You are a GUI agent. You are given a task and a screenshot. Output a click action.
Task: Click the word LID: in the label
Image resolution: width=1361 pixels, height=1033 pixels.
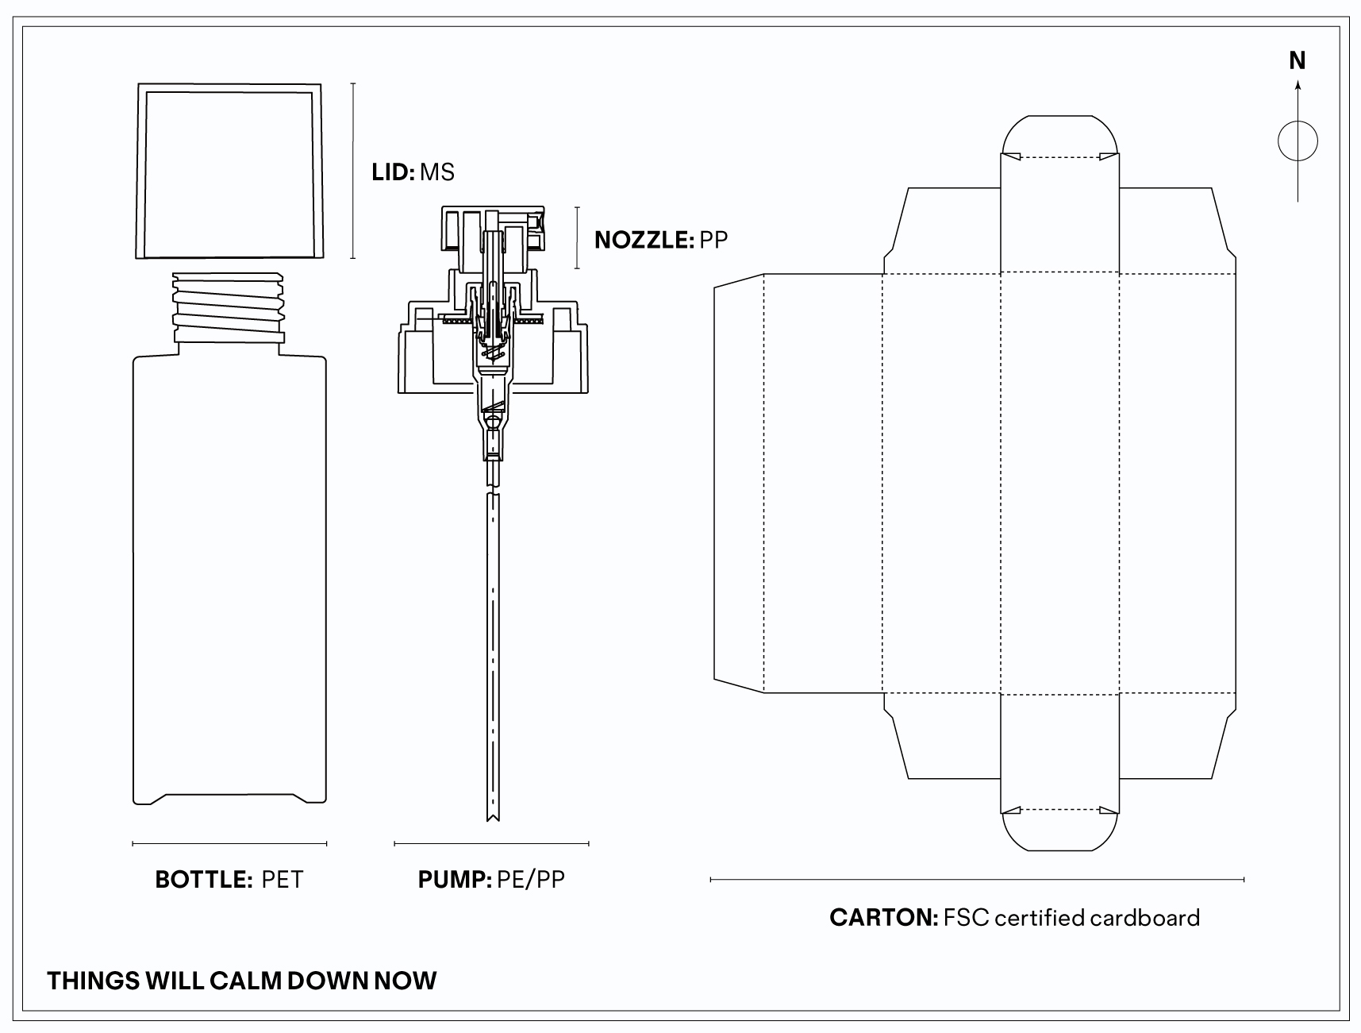(x=393, y=172)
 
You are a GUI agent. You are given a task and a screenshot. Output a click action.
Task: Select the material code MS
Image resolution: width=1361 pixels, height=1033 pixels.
(x=437, y=172)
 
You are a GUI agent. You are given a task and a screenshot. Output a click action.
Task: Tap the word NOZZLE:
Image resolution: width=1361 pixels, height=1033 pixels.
(x=644, y=240)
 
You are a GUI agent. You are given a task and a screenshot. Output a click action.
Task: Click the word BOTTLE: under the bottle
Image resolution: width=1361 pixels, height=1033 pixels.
(x=204, y=880)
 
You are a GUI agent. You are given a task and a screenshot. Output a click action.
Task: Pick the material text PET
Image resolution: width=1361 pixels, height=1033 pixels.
(x=283, y=880)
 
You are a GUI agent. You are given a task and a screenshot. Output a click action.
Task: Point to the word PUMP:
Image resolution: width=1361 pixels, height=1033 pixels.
(x=455, y=880)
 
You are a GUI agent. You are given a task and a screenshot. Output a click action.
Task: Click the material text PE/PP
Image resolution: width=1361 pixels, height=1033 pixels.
(x=531, y=880)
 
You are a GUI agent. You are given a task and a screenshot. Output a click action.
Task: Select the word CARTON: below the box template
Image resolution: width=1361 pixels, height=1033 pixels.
(x=884, y=918)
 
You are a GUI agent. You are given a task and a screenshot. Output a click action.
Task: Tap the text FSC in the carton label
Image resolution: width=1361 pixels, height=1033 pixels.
(x=967, y=918)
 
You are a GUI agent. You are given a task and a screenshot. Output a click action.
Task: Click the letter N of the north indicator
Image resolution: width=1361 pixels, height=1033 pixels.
(x=1298, y=60)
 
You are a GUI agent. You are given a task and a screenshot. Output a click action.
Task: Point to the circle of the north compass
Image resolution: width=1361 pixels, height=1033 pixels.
(x=1298, y=142)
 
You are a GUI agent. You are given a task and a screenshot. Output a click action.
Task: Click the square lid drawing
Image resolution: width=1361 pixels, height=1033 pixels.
(x=230, y=171)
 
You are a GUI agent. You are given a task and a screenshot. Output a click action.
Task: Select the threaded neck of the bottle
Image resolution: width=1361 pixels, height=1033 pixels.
(x=229, y=306)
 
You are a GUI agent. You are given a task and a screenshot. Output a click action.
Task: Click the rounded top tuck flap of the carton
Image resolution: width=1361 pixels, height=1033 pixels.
(x=1060, y=135)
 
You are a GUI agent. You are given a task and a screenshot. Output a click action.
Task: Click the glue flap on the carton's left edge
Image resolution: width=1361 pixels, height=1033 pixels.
(x=738, y=483)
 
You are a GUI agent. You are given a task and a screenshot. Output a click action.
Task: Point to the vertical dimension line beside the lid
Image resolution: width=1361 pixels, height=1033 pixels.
(x=353, y=171)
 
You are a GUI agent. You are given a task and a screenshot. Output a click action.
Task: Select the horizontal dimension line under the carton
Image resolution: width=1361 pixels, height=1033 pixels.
(x=977, y=880)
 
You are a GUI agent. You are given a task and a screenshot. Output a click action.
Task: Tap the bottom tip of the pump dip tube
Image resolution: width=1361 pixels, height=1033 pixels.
(x=492, y=818)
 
